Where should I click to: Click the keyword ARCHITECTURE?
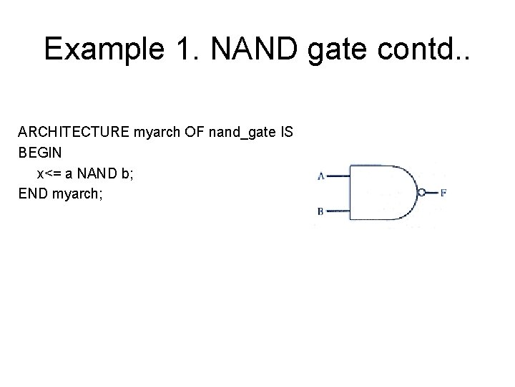pyautogui.click(x=69, y=133)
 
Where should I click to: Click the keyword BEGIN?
pyautogui.click(x=39, y=153)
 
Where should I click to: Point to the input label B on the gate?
pyautogui.click(x=321, y=211)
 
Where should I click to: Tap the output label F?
pyautogui.click(x=444, y=193)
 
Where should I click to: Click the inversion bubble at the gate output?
pyautogui.click(x=423, y=192)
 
